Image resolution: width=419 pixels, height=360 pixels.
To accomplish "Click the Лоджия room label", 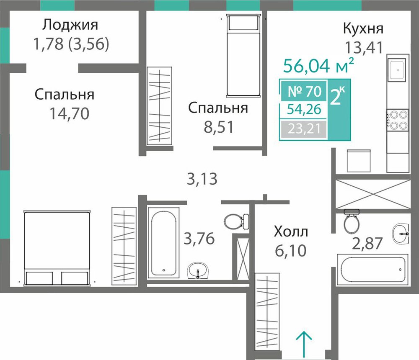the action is click(70, 25).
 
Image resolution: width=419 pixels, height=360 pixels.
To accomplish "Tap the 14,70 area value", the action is click(70, 114).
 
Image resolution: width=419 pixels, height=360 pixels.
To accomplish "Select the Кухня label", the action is click(363, 28).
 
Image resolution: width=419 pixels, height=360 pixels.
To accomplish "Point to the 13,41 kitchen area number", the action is click(364, 48).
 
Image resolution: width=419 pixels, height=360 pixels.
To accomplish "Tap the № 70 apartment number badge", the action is click(304, 91).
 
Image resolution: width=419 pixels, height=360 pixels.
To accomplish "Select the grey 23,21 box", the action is click(304, 129).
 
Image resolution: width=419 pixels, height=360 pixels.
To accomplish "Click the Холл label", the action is click(291, 231).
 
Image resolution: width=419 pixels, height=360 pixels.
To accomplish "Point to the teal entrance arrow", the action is click(304, 344).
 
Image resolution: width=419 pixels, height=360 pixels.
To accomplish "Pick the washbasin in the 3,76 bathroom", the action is click(198, 270).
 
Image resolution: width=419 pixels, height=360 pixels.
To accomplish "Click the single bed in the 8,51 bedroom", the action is click(243, 56).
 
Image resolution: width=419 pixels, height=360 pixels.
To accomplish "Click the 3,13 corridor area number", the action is click(202, 179).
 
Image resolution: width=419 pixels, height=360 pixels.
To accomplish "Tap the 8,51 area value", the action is click(219, 127).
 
